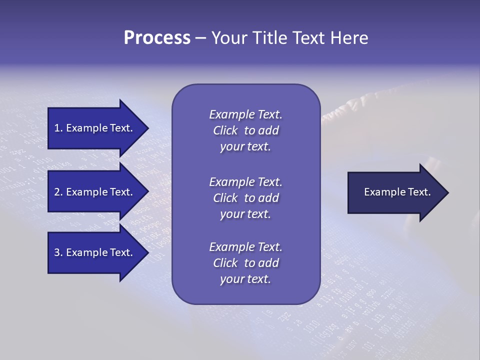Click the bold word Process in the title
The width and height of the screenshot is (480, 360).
[157, 38]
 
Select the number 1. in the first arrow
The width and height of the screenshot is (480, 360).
[58, 128]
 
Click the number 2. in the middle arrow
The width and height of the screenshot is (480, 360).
[58, 192]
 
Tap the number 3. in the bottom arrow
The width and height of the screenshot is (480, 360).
[58, 252]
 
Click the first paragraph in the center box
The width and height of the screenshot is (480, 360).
[245, 130]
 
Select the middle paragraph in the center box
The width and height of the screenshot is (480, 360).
[245, 198]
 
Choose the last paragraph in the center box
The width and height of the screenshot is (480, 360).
[245, 263]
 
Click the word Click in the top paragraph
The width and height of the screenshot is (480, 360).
[225, 130]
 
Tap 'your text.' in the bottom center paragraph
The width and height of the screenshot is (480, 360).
[245, 279]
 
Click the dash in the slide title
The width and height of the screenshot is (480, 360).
[201, 38]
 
